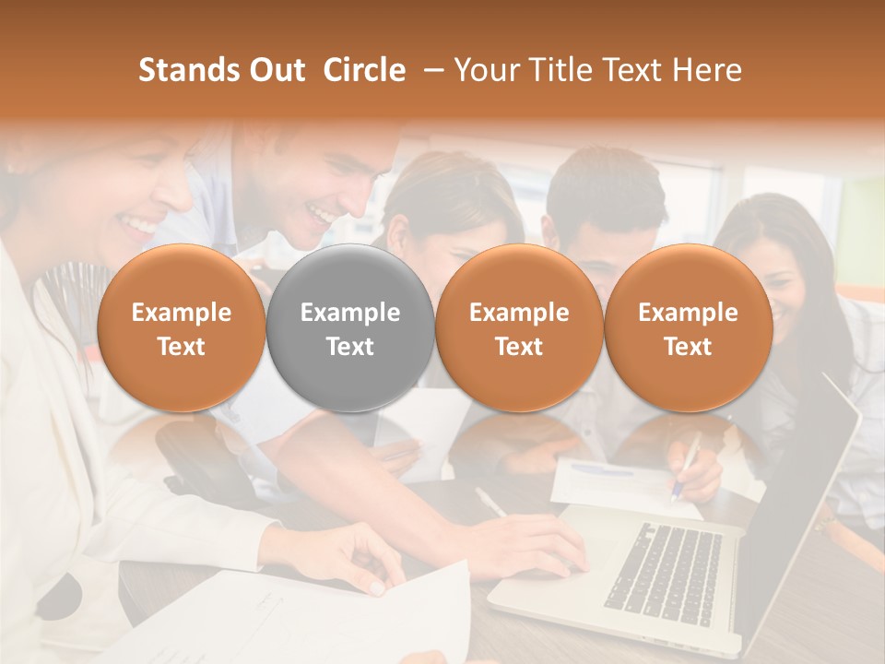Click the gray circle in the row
[350, 327]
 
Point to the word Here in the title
[708, 70]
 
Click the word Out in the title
[275, 70]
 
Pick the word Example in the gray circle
[350, 313]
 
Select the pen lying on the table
[490, 503]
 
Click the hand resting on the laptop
[535, 544]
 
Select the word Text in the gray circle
[350, 347]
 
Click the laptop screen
[802, 498]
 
